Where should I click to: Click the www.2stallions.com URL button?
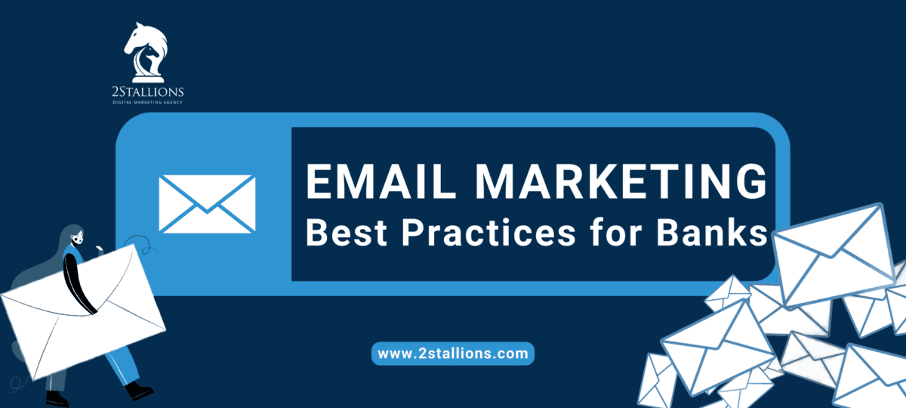coord(453,353)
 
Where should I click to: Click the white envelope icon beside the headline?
coord(207,203)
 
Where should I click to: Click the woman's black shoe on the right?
coord(139,391)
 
